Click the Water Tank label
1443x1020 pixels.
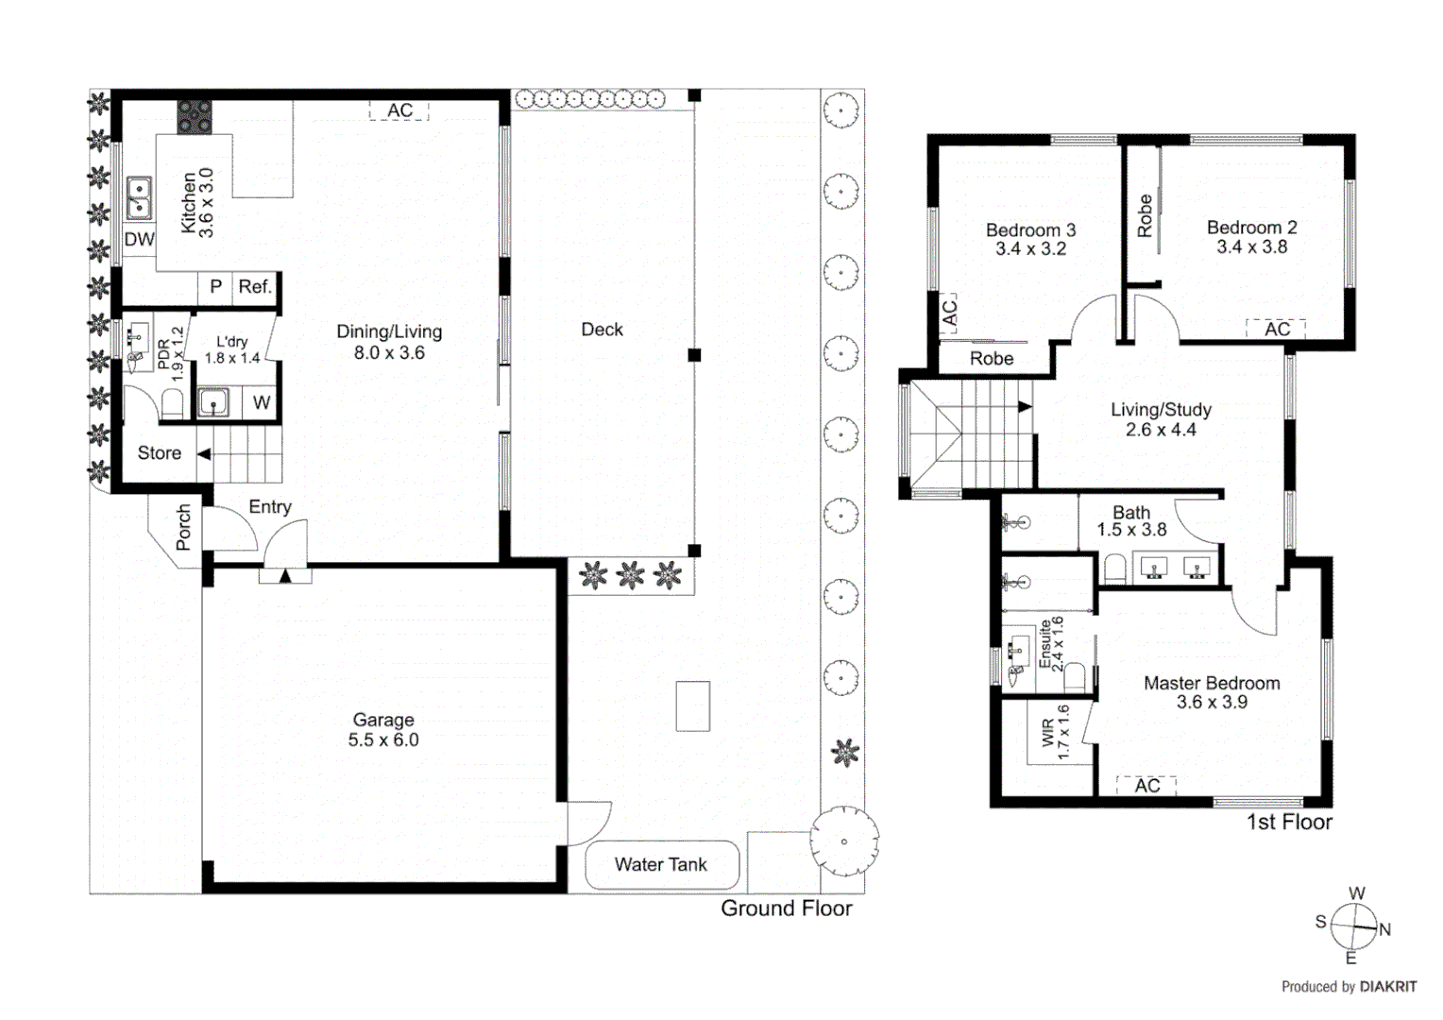coord(660,864)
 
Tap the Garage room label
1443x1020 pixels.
coord(383,720)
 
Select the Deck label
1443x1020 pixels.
coord(602,330)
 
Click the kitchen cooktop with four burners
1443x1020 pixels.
coord(195,117)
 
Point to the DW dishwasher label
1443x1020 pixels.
coord(139,240)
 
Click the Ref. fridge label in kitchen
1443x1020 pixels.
coord(255,287)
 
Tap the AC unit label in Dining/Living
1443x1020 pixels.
coord(399,110)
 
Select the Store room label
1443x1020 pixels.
coord(159,453)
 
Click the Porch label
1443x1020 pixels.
coord(183,527)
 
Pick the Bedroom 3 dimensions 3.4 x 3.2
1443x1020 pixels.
coord(1030,249)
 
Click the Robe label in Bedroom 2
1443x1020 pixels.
coord(1145,216)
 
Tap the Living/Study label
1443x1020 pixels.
coord(1161,410)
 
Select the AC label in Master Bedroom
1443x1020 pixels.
coord(1146,786)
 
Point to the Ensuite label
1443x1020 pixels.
coord(1045,644)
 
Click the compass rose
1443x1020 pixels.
coord(1353,926)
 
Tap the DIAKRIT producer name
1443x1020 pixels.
coord(1388,987)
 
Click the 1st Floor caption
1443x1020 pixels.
coord(1289,823)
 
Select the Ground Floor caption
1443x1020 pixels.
coord(786,909)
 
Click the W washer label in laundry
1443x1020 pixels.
coord(262,403)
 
